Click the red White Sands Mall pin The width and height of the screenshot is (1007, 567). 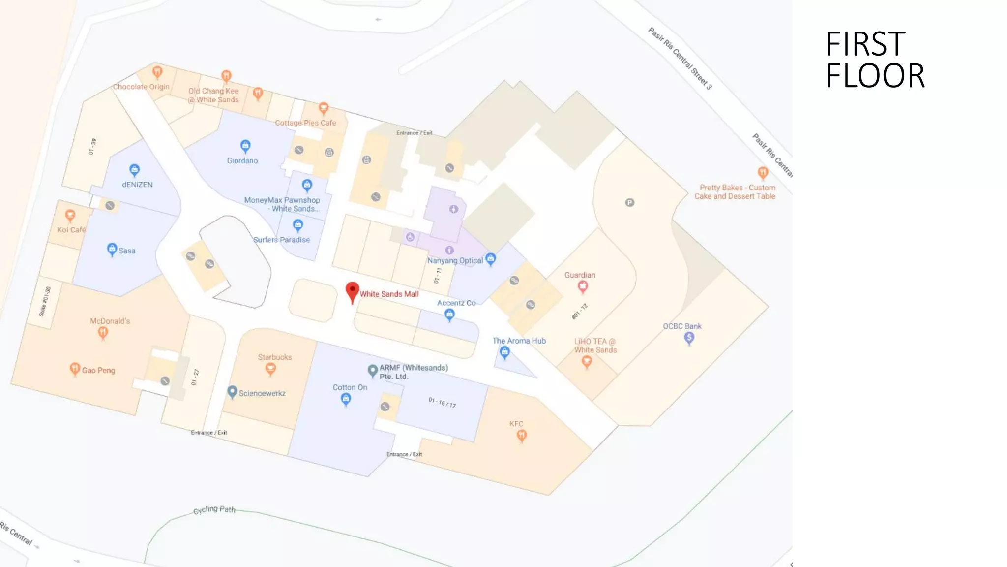coord(352,291)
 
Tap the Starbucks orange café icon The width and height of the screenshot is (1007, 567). coord(270,368)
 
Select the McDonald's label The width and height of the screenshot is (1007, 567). coord(110,321)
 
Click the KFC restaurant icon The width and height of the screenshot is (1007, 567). coord(522,435)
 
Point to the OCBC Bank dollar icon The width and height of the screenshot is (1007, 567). coord(689,338)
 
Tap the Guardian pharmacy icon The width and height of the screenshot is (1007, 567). coord(583,286)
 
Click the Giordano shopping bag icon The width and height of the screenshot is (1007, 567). coord(245,146)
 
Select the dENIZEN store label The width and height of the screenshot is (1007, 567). coord(137,185)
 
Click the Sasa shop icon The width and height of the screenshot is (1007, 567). coord(112,249)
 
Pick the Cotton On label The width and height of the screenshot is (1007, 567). coord(350,387)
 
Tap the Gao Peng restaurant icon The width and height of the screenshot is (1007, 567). coord(75,369)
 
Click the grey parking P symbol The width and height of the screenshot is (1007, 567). coord(629,202)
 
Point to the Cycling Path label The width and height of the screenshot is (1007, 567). coord(214,509)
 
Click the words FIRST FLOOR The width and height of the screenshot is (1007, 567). coord(875,60)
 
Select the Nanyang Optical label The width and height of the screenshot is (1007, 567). coord(455,260)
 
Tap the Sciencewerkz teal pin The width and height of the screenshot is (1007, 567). coord(232,392)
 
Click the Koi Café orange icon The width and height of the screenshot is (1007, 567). coord(70,215)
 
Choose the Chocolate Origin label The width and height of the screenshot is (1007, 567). coord(141,87)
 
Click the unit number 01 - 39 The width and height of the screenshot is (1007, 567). coord(92,146)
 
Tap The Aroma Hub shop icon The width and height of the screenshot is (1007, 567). coord(504,352)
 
